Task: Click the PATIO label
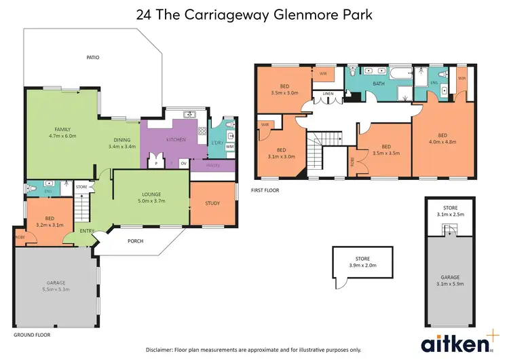pyautogui.click(x=92, y=58)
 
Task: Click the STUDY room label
pyautogui.click(x=212, y=202)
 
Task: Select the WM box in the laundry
pyautogui.click(x=229, y=146)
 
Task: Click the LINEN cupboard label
pyautogui.click(x=328, y=94)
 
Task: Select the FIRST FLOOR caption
pyautogui.click(x=265, y=190)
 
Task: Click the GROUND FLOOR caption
pyautogui.click(x=32, y=335)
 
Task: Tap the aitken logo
pyautogui.click(x=452, y=340)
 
